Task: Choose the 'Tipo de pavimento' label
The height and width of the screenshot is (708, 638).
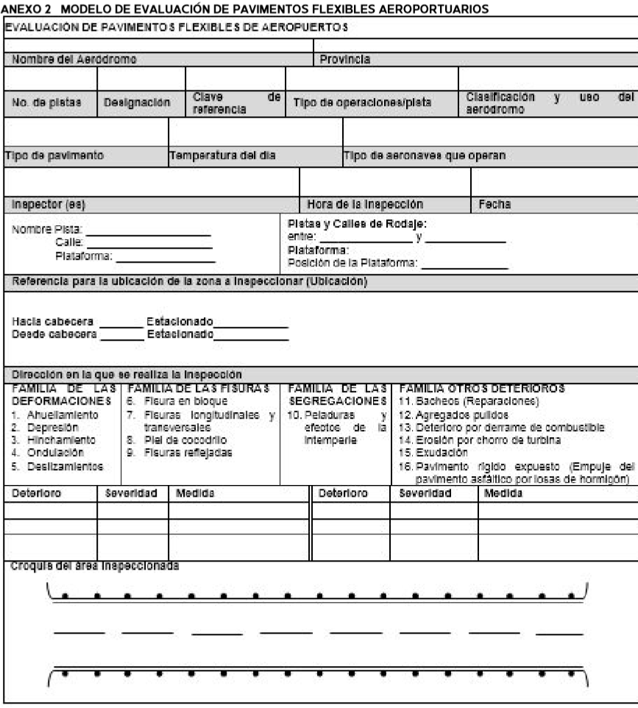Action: point(52,155)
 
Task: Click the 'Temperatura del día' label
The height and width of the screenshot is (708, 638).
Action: point(224,155)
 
